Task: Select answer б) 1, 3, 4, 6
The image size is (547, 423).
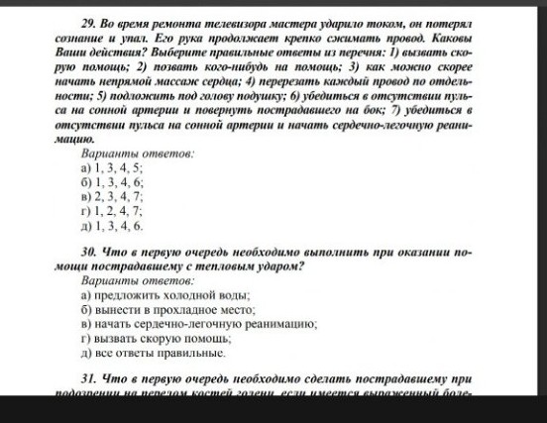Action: [x=113, y=183]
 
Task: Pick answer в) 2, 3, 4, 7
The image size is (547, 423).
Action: [x=113, y=197]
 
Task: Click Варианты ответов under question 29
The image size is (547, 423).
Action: [x=138, y=156]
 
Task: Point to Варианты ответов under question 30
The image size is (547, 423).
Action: [x=138, y=281]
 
